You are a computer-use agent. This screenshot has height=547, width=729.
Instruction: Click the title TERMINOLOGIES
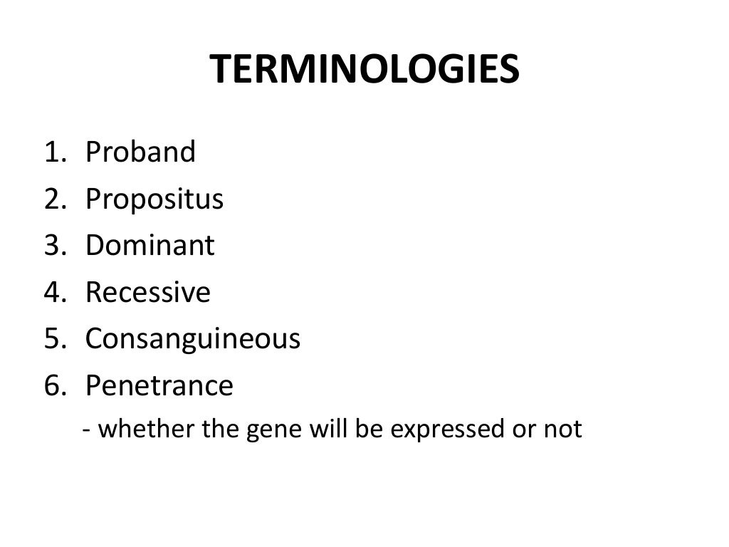[364, 71]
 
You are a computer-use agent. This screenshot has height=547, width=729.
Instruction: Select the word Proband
[140, 152]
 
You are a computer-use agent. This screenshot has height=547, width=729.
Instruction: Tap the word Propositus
[154, 200]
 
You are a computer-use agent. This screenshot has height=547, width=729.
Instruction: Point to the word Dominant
[150, 246]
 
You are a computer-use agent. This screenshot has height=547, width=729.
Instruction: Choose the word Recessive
[148, 293]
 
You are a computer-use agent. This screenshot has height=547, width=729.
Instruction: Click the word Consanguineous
[193, 340]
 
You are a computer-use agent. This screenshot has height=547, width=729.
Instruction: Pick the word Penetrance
[159, 386]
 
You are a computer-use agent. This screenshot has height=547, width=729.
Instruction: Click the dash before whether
[85, 430]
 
